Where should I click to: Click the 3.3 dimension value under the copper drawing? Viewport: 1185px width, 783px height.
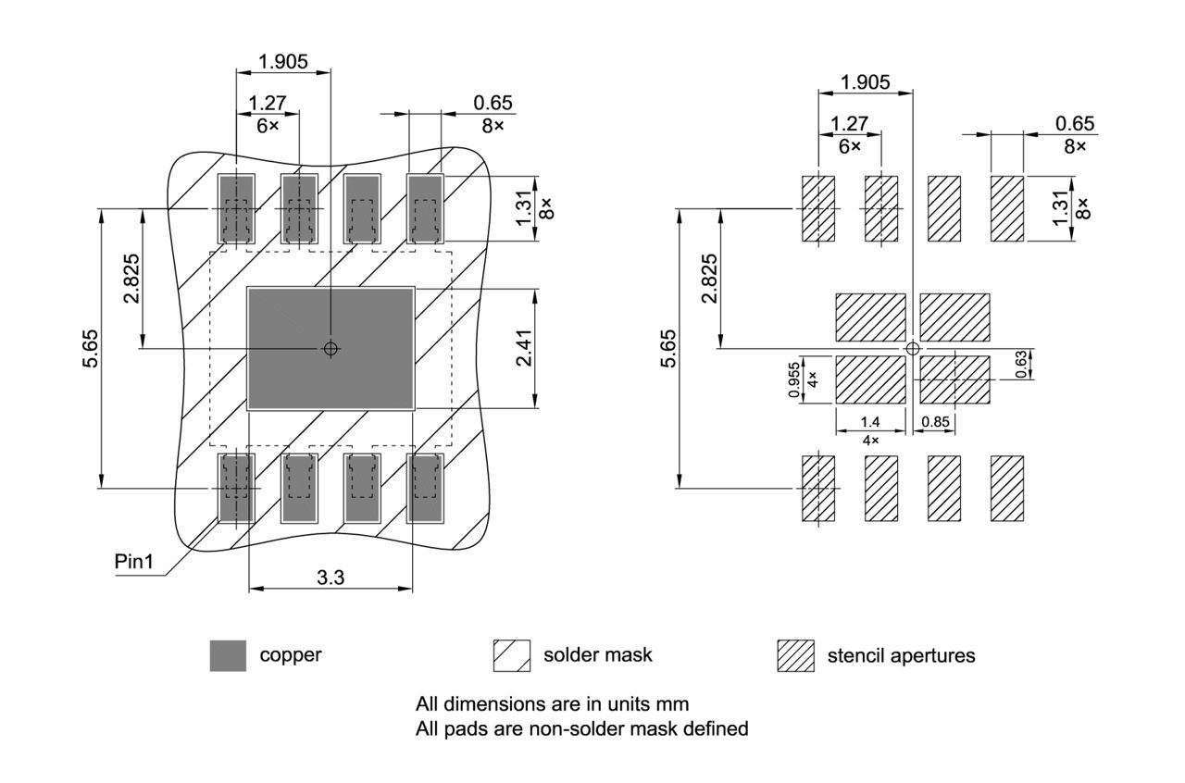[331, 578]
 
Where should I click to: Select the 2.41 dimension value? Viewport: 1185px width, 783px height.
[524, 348]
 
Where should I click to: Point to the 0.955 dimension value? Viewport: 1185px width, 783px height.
[793, 380]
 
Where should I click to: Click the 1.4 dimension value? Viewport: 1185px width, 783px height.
[870, 422]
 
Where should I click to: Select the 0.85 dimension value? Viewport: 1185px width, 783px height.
[937, 422]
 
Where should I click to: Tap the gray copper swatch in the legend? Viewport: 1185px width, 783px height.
[228, 655]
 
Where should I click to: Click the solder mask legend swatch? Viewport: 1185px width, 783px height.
[512, 655]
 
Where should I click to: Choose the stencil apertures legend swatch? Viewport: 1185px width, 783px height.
[795, 655]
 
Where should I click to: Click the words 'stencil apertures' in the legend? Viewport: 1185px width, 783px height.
[901, 655]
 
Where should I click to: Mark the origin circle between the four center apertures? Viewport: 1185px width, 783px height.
[913, 348]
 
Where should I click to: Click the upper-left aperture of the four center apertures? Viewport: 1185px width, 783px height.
[870, 317]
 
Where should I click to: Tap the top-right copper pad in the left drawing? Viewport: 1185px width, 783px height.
[426, 209]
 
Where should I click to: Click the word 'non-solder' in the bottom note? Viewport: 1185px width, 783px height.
[574, 728]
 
